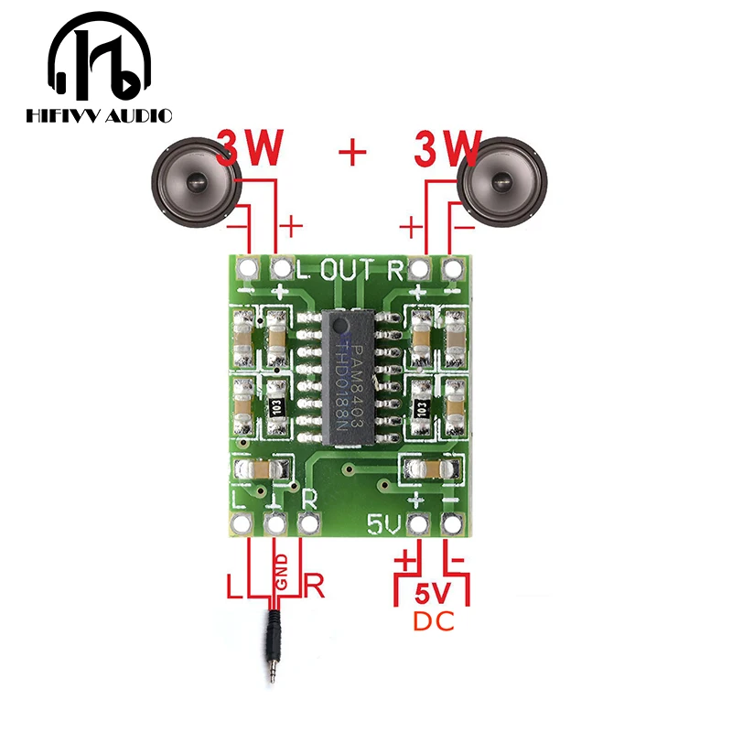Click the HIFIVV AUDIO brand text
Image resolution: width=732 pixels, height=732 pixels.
click(99, 115)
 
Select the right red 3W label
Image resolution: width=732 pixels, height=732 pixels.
click(447, 149)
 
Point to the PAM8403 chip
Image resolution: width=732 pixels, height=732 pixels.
click(351, 379)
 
